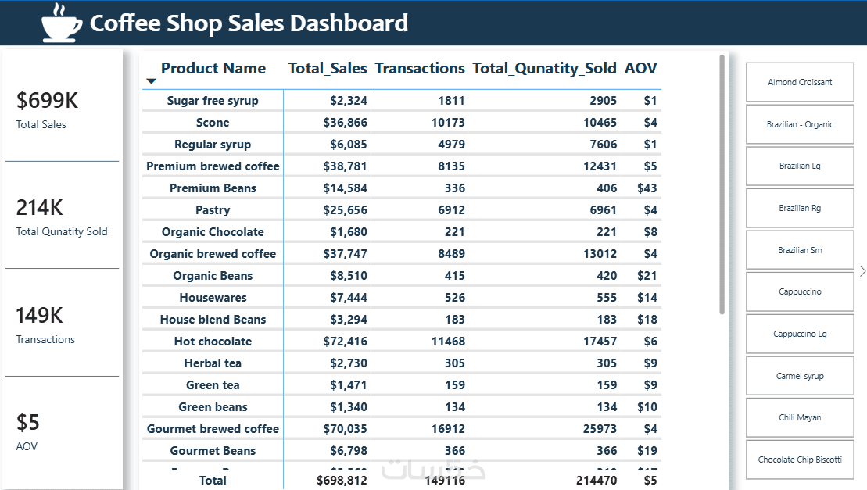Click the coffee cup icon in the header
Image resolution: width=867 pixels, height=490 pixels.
(62, 22)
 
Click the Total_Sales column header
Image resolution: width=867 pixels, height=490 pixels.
(328, 69)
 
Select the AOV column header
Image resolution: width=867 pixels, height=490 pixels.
(640, 69)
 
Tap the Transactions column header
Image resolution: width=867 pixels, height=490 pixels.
(420, 69)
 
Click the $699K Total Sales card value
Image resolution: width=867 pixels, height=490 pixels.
(48, 101)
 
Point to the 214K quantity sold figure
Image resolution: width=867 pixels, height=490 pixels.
(40, 208)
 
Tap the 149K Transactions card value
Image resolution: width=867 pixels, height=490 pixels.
(39, 316)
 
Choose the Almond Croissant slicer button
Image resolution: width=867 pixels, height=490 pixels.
(800, 82)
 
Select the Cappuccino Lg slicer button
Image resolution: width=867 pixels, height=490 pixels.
(800, 334)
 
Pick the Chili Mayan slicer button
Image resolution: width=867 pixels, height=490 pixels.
(800, 417)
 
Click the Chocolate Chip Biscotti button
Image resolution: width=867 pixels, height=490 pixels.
(800, 460)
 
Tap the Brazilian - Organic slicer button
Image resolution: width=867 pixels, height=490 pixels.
(800, 124)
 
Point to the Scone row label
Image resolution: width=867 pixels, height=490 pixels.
(213, 123)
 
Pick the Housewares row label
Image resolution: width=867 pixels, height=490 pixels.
(213, 298)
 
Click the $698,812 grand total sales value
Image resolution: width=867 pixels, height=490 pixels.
(342, 480)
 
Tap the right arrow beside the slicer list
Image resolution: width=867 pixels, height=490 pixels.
(862, 271)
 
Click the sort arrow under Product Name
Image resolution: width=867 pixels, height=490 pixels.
(152, 81)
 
